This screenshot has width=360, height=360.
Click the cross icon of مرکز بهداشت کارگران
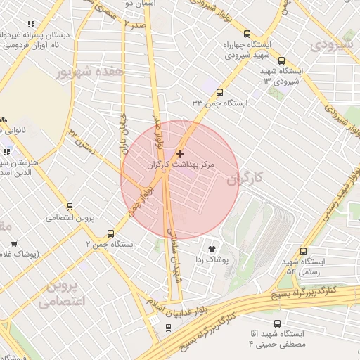click(181, 153)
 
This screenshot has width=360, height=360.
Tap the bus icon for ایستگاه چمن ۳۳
click(220, 92)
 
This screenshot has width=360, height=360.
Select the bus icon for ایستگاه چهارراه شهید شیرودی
click(247, 33)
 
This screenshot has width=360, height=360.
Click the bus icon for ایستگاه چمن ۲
click(110, 233)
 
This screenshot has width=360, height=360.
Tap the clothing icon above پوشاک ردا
click(211, 247)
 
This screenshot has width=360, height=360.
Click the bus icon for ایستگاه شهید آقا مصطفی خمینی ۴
click(277, 323)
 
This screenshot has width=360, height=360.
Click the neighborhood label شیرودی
click(330, 44)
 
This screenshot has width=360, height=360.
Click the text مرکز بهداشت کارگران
click(179, 164)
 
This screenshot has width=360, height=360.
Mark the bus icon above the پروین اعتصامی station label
click(69, 207)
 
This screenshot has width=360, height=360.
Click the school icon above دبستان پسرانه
click(30, 25)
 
